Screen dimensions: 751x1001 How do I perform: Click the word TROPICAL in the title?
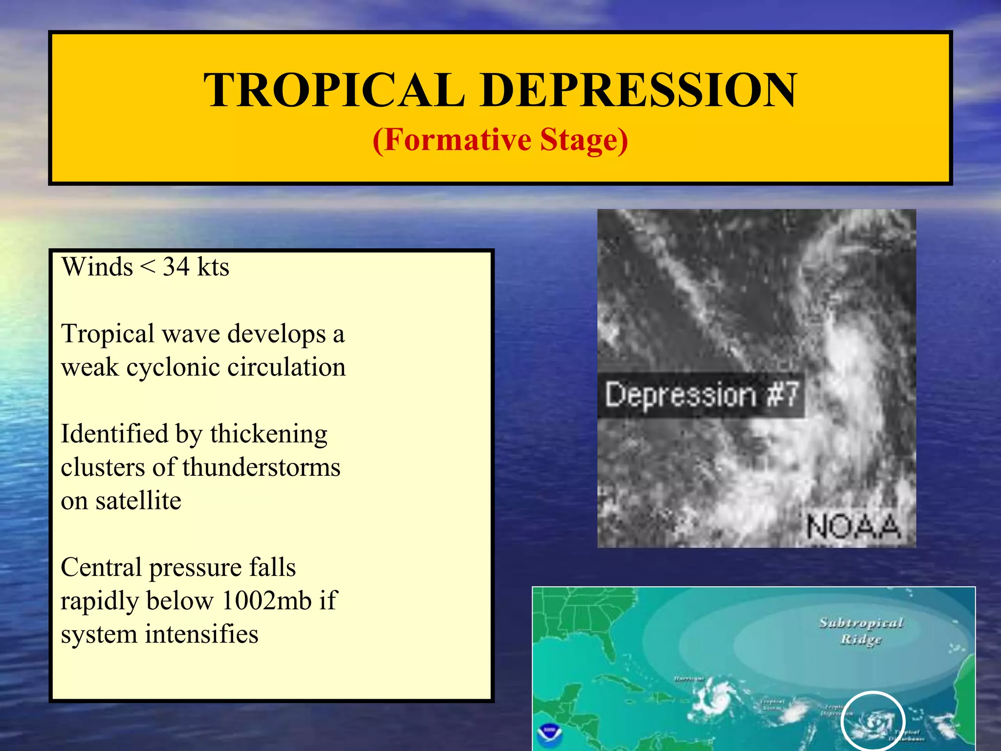point(334,90)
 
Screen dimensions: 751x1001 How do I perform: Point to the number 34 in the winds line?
point(176,267)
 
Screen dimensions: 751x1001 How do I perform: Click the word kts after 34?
point(213,267)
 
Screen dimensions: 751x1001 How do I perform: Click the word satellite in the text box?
point(138,501)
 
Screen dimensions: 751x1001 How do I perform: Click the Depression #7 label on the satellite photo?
point(701,395)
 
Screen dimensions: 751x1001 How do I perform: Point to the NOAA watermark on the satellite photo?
point(853,527)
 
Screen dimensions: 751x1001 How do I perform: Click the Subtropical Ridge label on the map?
point(861,631)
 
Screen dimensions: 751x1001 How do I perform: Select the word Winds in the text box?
point(97,267)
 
